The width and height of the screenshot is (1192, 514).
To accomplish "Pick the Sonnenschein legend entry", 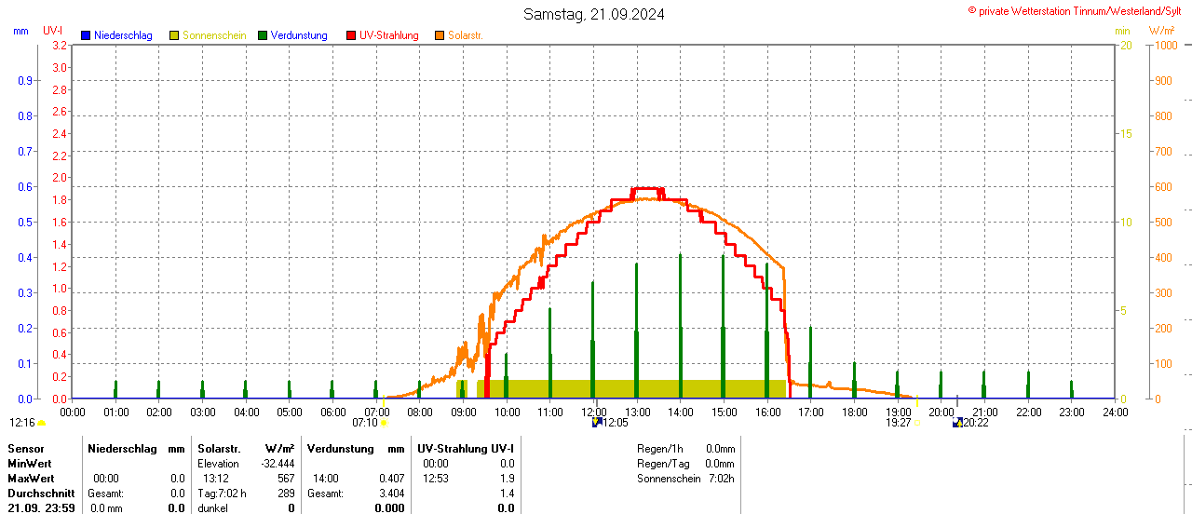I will (214, 35).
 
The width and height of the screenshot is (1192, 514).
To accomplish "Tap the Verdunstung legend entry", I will (299, 35).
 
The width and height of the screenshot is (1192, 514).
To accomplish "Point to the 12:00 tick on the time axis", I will (594, 412).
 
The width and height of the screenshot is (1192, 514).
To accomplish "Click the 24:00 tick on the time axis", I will (1116, 412).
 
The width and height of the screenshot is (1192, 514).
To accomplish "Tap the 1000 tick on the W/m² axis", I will (1165, 46).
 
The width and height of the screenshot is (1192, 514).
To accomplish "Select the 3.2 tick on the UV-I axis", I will (60, 46).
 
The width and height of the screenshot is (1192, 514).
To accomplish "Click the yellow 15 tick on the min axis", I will (1126, 134).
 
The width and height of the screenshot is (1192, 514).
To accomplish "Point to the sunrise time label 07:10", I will (365, 423).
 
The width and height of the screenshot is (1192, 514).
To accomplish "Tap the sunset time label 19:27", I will (898, 423).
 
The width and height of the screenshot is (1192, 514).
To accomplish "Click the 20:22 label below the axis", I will (975, 423).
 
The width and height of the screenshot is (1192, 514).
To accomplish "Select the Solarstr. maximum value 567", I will (286, 479).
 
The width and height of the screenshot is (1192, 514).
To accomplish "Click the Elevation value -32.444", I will (278, 464).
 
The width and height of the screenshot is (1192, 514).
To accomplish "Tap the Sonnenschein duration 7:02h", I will (720, 479).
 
